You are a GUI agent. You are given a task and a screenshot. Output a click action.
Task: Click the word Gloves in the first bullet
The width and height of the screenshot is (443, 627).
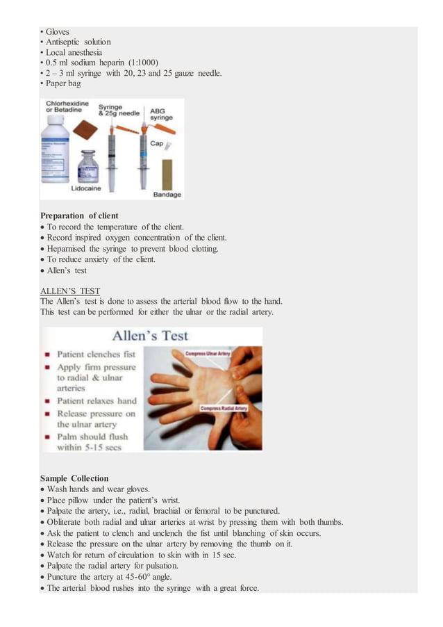(x=58, y=32)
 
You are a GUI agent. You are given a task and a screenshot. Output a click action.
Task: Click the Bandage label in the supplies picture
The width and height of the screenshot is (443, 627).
(x=167, y=195)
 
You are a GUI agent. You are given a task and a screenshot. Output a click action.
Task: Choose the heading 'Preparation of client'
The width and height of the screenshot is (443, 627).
(x=79, y=215)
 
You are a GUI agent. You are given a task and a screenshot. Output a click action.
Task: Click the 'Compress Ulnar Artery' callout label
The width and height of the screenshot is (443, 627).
(x=208, y=354)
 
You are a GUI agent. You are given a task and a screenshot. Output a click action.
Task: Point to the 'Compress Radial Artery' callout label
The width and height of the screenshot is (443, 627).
(x=223, y=408)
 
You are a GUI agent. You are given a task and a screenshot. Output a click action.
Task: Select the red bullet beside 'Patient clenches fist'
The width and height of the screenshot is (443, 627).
(x=47, y=352)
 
